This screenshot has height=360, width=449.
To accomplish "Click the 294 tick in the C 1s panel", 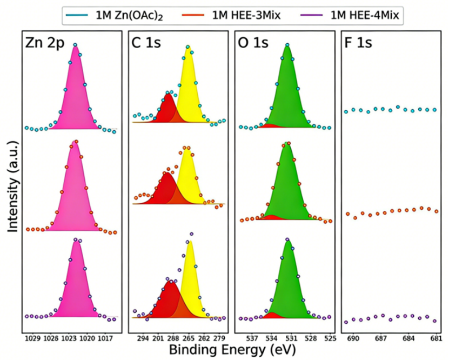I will (x=143, y=338).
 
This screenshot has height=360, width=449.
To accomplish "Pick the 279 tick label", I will (x=219, y=338).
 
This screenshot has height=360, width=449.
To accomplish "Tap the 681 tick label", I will (x=435, y=338).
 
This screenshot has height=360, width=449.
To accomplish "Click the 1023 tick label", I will (x=69, y=338).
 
